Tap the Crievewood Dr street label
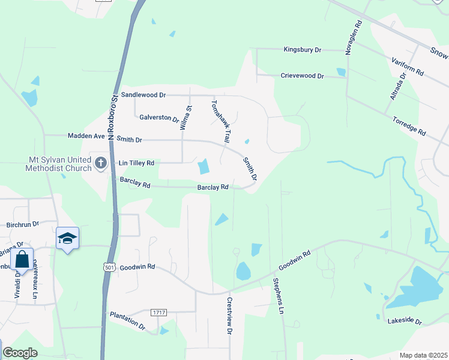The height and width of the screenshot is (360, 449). click(x=302, y=76)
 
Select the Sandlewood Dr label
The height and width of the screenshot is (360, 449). click(x=143, y=95)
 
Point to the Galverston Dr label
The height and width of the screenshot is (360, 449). click(x=159, y=118)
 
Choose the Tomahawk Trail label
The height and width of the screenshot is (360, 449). click(x=219, y=121)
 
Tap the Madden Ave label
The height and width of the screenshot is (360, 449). click(x=86, y=136)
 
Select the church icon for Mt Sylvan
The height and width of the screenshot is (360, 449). click(x=101, y=163)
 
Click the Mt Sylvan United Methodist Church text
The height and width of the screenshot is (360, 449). click(x=58, y=164)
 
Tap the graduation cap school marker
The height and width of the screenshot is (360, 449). click(x=68, y=239)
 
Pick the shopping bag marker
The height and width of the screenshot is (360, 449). click(x=22, y=260)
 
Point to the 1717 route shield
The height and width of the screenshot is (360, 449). click(x=158, y=313)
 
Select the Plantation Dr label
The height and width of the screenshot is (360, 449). click(x=127, y=321)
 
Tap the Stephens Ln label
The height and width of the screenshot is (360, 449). click(x=277, y=296)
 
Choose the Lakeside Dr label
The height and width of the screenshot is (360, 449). click(x=405, y=321)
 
